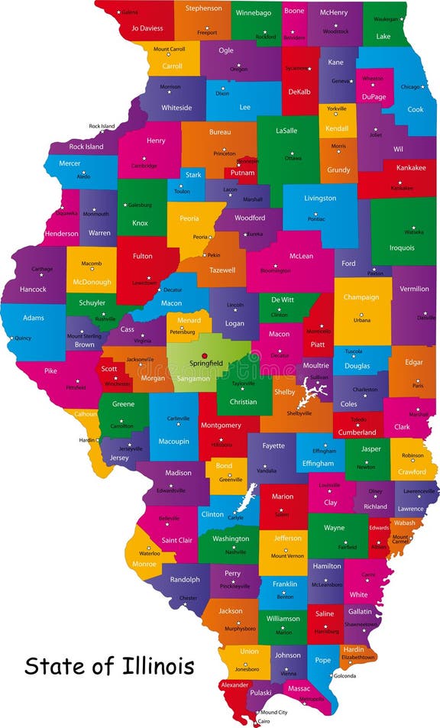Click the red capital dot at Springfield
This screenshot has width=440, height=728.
[x=204, y=355]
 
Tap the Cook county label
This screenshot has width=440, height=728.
[x=416, y=109]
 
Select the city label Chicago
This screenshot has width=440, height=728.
[x=411, y=86]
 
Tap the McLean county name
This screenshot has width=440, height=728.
[x=301, y=257]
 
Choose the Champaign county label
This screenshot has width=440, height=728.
[x=361, y=297]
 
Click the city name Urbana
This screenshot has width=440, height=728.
[x=361, y=320]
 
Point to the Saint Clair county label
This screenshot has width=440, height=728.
[x=177, y=540]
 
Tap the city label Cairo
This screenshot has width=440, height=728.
[x=264, y=720]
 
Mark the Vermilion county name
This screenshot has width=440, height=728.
[x=415, y=290]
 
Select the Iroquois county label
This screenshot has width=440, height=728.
[x=402, y=248]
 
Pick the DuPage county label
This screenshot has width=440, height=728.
[x=374, y=97]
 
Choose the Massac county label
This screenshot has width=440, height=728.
[x=299, y=688]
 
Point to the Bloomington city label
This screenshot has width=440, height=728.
[x=276, y=270]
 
